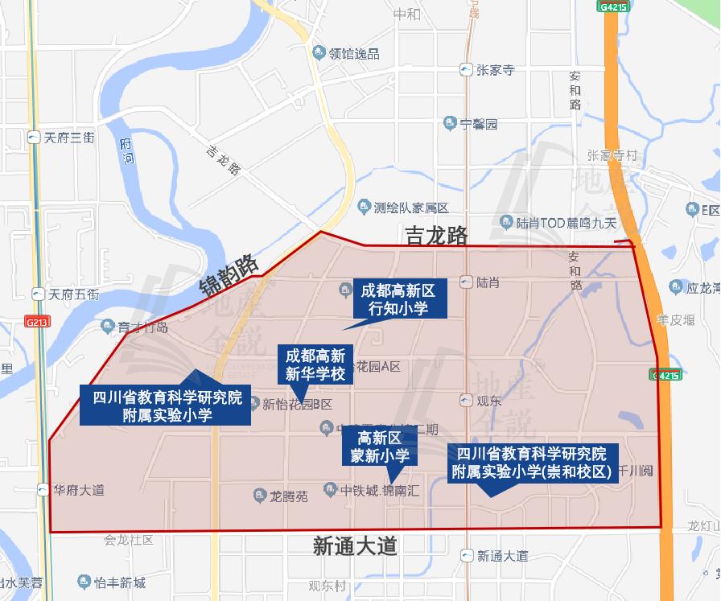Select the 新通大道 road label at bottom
click(x=355, y=547)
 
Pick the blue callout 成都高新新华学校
click(x=315, y=364)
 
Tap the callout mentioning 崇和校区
click(x=534, y=462)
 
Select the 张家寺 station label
click(x=494, y=70)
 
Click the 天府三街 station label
click(x=68, y=138)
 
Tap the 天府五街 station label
click(x=72, y=294)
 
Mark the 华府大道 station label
click(x=78, y=489)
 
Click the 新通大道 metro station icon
click(x=467, y=556)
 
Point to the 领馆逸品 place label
click(x=353, y=54)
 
